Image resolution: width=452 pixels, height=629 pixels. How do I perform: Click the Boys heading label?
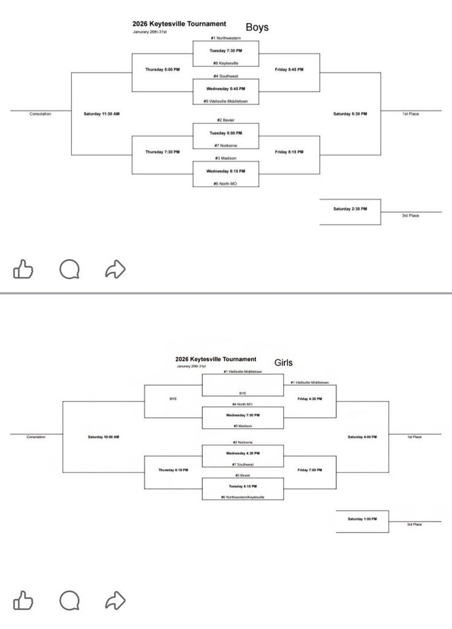(x=257, y=27)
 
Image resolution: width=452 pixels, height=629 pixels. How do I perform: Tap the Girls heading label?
(x=283, y=362)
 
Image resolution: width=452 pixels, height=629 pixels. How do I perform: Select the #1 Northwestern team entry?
(x=225, y=38)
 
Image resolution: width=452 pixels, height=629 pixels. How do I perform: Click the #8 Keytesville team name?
(x=225, y=63)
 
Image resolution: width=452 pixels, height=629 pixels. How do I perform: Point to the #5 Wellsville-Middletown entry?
(x=225, y=101)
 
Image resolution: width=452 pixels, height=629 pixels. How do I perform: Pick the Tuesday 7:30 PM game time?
(x=225, y=50)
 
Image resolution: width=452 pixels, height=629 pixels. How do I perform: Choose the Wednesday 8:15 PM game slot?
(x=225, y=171)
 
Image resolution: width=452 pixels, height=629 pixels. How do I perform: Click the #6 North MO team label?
(x=225, y=184)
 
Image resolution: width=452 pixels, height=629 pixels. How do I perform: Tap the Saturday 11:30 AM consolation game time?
(x=101, y=114)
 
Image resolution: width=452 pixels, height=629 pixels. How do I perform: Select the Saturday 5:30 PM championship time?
(x=350, y=114)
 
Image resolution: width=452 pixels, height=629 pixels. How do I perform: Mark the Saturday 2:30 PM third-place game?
(x=350, y=209)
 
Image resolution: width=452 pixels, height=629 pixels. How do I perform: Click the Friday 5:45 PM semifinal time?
(x=289, y=69)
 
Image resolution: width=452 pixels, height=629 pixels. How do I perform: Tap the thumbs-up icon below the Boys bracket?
(x=23, y=268)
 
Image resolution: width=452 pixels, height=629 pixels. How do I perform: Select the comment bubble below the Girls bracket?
(x=69, y=600)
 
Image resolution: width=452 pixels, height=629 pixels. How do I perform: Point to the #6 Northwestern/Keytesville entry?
(x=243, y=497)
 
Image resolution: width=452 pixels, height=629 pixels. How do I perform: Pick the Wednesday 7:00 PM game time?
(x=243, y=415)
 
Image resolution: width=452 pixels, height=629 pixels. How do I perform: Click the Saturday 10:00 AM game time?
(x=103, y=437)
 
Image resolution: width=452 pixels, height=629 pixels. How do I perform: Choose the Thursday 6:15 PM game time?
(x=173, y=469)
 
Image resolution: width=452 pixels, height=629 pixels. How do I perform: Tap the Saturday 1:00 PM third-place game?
(x=362, y=519)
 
